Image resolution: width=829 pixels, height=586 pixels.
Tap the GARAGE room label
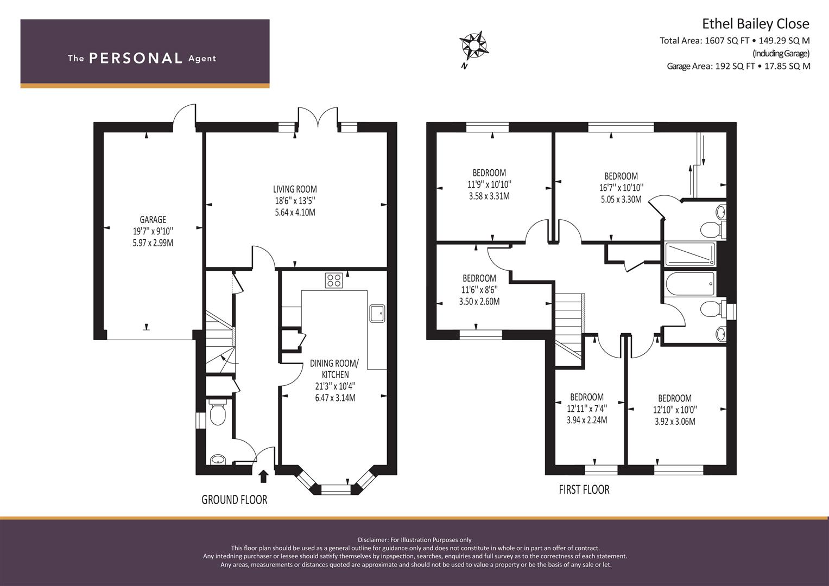pyautogui.click(x=153, y=219)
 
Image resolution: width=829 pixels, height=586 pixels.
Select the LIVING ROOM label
pyautogui.click(x=295, y=189)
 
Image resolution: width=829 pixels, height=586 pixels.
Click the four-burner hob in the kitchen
pyautogui.click(x=334, y=281)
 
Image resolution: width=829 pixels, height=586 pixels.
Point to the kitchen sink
pyautogui.click(x=377, y=314)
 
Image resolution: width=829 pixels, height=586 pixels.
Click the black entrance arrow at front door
pyautogui.click(x=263, y=476)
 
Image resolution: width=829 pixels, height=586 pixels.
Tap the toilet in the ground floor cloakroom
pyautogui.click(x=218, y=414)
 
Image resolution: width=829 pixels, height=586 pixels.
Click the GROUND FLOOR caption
pyautogui.click(x=235, y=500)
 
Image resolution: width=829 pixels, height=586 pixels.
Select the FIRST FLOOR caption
pyautogui.click(x=584, y=489)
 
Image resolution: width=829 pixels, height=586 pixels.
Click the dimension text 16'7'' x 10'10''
pyautogui.click(x=622, y=188)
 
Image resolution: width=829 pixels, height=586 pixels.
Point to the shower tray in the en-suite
pyautogui.click(x=690, y=254)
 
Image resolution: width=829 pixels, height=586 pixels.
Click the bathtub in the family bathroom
pyautogui.click(x=690, y=284)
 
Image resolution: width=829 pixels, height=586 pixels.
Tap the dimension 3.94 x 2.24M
pyautogui.click(x=587, y=421)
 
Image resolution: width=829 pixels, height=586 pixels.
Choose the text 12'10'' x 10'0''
pyautogui.click(x=675, y=410)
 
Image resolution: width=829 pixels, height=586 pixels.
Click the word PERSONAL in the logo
pyautogui.click(x=136, y=58)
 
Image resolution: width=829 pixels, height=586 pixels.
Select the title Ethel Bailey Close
pyautogui.click(x=756, y=24)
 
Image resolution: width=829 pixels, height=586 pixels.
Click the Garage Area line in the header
pyautogui.click(x=738, y=66)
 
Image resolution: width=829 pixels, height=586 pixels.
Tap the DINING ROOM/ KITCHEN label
pyautogui.click(x=334, y=369)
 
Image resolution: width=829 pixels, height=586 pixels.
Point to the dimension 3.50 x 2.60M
pyautogui.click(x=479, y=302)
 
